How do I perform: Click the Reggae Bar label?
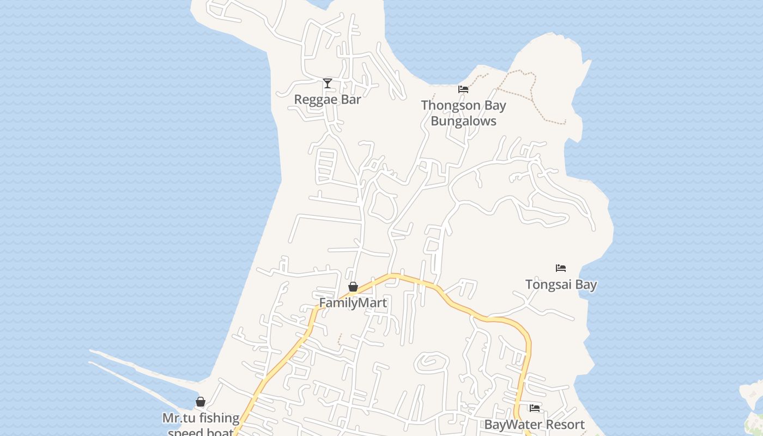click(x=328, y=99)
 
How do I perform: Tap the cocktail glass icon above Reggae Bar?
click(x=328, y=83)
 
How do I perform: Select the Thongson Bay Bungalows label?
click(x=463, y=113)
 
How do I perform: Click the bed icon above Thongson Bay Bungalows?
click(x=463, y=89)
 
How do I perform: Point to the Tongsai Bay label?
click(x=561, y=284)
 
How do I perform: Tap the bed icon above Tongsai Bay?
click(x=561, y=268)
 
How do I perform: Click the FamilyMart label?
click(x=353, y=303)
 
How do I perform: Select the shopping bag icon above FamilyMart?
click(x=353, y=287)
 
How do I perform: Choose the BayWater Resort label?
click(x=534, y=425)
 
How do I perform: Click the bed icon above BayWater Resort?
click(x=535, y=408)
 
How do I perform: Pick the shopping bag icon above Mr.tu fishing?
click(x=201, y=402)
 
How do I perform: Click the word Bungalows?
click(x=463, y=121)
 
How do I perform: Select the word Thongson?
click(x=450, y=105)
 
